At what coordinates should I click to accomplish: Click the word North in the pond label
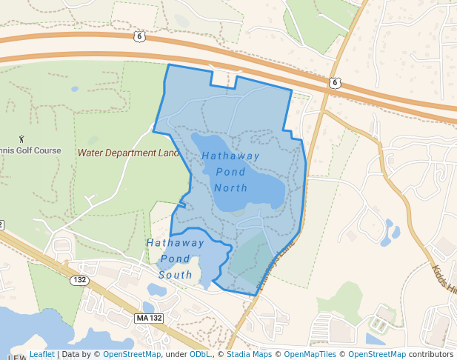pyautogui.click(x=230, y=187)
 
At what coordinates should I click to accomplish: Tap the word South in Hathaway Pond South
pyautogui.click(x=176, y=274)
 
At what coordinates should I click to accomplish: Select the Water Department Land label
pyautogui.click(x=129, y=153)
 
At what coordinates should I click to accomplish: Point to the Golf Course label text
pyautogui.click(x=36, y=150)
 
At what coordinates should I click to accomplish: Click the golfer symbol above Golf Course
pyautogui.click(x=21, y=138)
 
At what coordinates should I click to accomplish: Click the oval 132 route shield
pyautogui.click(x=80, y=281)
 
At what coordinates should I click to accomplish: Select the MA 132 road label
pyautogui.click(x=149, y=318)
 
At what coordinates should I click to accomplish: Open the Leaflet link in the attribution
pyautogui.click(x=41, y=354)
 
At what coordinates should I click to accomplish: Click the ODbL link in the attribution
pyautogui.click(x=199, y=354)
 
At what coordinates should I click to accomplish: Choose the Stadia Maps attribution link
pyautogui.click(x=250, y=354)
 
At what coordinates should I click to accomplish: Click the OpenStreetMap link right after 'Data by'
pyautogui.click(x=131, y=354)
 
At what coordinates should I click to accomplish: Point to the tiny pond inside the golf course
pyautogui.click(x=75, y=89)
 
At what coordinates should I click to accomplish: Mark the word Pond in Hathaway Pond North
pyautogui.click(x=230, y=172)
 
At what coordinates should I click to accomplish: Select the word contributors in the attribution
pyautogui.click(x=431, y=354)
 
